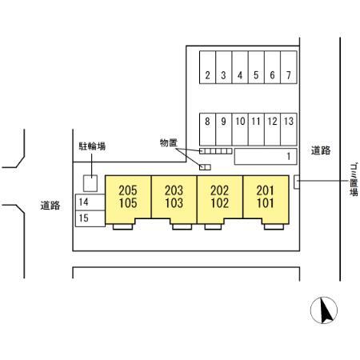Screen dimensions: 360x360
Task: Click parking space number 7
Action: pos(289,67)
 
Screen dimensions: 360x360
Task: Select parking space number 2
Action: pos(207,67)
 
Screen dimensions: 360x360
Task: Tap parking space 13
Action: pos(289,130)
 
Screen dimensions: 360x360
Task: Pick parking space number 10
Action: pos(240,130)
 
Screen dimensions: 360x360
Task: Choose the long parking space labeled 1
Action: pos(266,156)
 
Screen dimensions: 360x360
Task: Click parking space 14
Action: pos(90,202)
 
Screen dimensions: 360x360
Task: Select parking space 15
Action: pos(90,218)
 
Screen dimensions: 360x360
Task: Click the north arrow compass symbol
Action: pos(324,310)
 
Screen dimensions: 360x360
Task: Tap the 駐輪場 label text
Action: pos(92,146)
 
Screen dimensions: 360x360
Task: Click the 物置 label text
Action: pos(169,143)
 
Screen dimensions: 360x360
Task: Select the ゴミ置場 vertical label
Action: pos(354,180)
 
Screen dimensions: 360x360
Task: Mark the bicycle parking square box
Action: pos(90,183)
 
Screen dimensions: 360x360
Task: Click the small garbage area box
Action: pos(297,182)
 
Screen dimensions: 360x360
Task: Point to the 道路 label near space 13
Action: pos(321,150)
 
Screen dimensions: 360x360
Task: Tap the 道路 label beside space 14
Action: pos(50,206)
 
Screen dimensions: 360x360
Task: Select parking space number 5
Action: pos(256,67)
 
